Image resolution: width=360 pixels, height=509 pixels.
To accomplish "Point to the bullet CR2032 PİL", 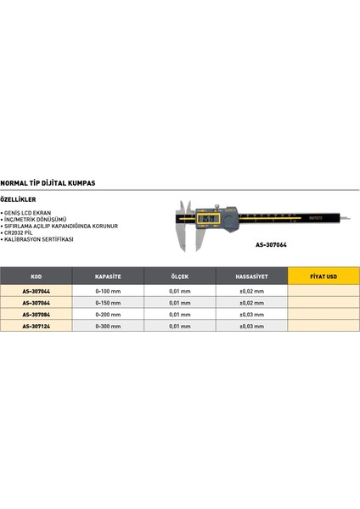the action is coord(27,233).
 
